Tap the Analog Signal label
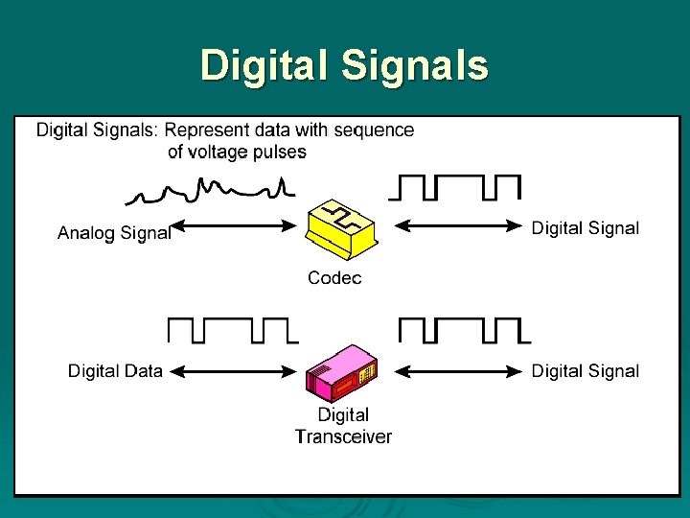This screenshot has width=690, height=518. [114, 232]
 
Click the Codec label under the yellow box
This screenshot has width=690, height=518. [334, 278]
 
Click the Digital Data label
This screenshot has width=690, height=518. [115, 371]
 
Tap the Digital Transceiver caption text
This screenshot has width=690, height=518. [343, 426]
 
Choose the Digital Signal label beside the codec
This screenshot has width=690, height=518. [585, 227]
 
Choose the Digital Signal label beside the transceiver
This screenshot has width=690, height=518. [585, 371]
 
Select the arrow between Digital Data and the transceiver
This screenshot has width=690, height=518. [236, 371]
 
